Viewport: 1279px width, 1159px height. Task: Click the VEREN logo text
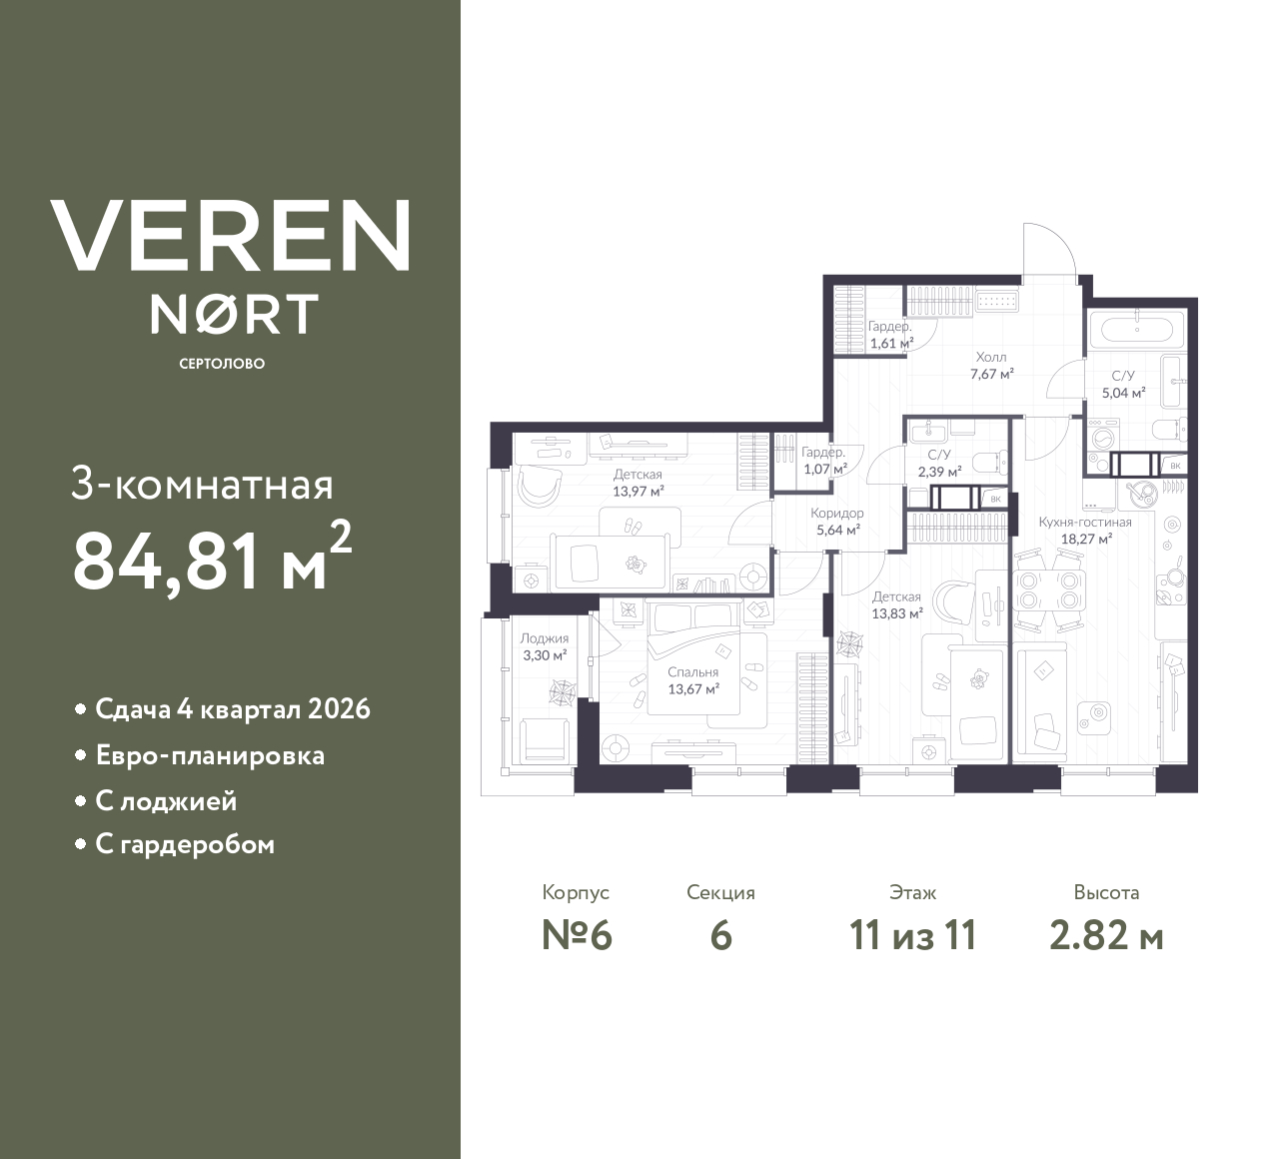(230, 235)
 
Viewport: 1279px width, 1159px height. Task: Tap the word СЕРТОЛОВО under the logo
(222, 364)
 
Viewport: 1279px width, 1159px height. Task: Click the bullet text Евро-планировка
(210, 755)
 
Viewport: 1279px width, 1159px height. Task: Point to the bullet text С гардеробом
(185, 845)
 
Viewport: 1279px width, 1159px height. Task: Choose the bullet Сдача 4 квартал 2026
(233, 709)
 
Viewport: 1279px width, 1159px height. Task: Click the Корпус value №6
(576, 936)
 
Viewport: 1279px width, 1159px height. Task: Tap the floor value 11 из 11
(911, 936)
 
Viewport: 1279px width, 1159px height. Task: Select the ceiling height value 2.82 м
(1106, 936)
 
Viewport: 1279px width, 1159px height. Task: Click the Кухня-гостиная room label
(1085, 522)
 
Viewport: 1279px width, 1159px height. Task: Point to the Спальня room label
(693, 672)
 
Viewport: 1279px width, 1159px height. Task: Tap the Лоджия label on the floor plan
(545, 638)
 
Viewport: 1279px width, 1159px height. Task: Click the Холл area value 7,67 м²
(991, 374)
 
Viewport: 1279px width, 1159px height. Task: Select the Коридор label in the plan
(837, 513)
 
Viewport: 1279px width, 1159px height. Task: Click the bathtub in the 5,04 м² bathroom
(1135, 329)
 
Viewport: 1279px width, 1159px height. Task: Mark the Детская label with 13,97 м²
(638, 475)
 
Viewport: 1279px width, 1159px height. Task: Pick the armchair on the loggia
(546, 740)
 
